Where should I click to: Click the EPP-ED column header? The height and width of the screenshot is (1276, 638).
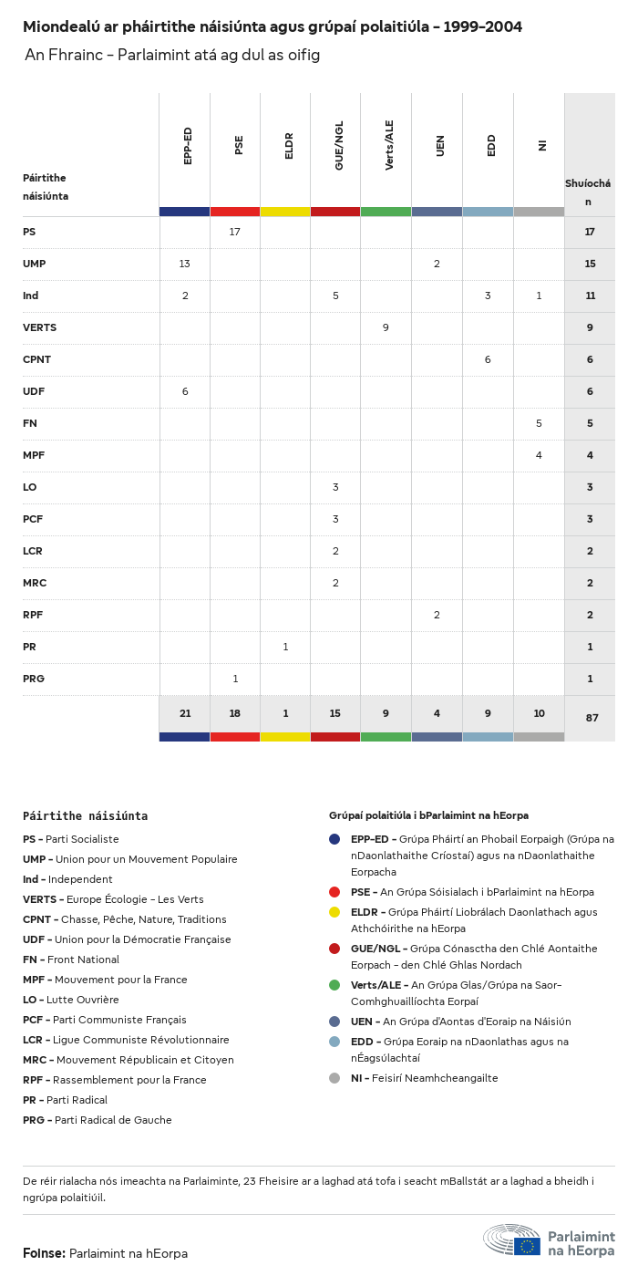pos(188,146)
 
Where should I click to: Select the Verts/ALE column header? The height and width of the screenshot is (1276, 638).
pos(389,145)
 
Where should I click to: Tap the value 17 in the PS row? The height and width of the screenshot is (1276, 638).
pos(235,232)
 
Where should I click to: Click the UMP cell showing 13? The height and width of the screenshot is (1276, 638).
pos(184,264)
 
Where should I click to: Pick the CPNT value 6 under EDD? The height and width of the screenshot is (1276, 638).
pos(488,359)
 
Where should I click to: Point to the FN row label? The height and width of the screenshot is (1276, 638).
pos(29,423)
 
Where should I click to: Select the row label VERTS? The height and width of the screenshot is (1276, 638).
pos(39,327)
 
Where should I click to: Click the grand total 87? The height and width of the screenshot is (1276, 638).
pos(592,718)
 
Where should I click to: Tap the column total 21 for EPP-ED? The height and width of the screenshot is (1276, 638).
pos(184,713)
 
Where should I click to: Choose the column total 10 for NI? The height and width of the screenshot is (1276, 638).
pos(539,713)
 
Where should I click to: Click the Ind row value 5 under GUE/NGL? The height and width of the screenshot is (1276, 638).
pos(335,296)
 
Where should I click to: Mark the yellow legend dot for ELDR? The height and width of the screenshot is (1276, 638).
pos(334,912)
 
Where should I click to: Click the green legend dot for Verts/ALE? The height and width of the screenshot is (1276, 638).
pos(334,985)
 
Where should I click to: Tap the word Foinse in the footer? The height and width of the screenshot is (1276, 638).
pos(44,1253)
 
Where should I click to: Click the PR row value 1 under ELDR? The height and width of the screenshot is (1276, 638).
pos(285,647)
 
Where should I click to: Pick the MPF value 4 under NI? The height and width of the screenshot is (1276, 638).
pos(539,455)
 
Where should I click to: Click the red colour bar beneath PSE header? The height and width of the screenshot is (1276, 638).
pos(235,212)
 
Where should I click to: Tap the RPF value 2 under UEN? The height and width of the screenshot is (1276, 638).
pos(437,615)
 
